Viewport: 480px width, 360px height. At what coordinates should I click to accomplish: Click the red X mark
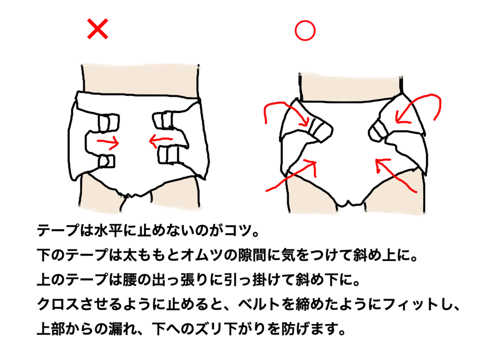click(97, 29)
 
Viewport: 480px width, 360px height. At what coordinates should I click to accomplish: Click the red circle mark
click(305, 30)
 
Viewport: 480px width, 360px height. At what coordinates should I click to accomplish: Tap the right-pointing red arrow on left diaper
click(108, 142)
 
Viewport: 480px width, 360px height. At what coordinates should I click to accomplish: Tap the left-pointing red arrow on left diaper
click(160, 141)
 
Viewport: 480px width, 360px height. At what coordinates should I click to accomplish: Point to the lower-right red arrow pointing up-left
click(395, 176)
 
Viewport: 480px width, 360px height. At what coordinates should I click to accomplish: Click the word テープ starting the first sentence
click(58, 230)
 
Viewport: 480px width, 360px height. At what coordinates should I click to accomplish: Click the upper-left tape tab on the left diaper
click(109, 123)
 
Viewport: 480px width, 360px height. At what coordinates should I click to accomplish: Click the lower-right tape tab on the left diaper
click(168, 155)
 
